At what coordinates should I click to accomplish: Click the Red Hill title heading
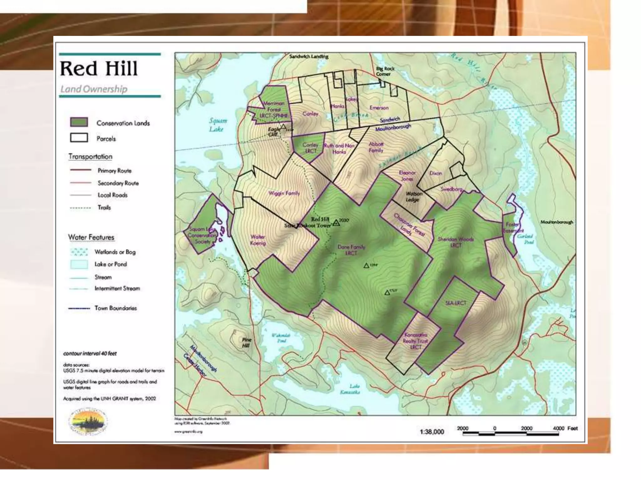point(99,69)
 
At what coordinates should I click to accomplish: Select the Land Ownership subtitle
point(94,89)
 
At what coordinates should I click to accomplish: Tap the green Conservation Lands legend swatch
point(79,122)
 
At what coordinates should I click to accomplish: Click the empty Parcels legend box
point(79,138)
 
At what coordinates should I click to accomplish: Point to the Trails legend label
point(104,207)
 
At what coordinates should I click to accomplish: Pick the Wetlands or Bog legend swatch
point(79,252)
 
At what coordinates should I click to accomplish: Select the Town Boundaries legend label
point(115,308)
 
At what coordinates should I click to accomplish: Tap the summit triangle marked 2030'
point(336,222)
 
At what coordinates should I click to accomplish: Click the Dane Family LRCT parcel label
point(351,250)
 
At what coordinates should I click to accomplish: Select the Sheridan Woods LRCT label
point(455,242)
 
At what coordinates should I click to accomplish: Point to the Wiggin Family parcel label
point(284,193)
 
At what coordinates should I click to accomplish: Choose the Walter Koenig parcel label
point(258,240)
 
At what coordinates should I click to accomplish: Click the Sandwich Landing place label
point(309,57)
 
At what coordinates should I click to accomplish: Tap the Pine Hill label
point(246,342)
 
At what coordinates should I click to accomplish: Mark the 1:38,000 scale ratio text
point(432,432)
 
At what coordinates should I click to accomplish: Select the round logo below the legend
point(88,422)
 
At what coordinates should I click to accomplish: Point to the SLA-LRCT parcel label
point(455,303)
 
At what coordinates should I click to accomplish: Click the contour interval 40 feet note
point(90,353)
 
